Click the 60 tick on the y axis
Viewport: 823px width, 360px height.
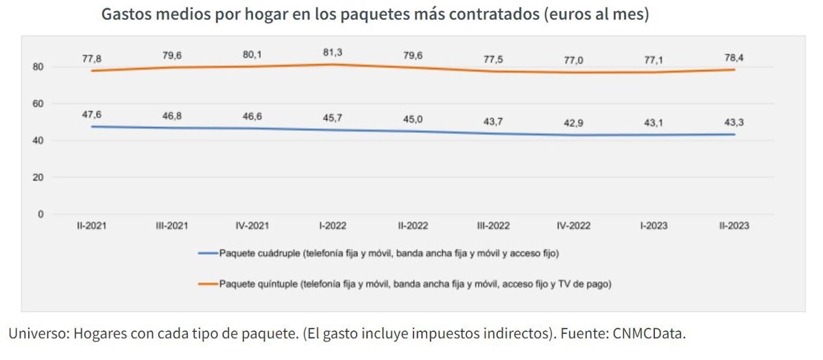pos(38,104)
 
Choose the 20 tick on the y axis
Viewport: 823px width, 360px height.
pos(38,177)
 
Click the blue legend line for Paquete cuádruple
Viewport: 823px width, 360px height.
pos(208,254)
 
